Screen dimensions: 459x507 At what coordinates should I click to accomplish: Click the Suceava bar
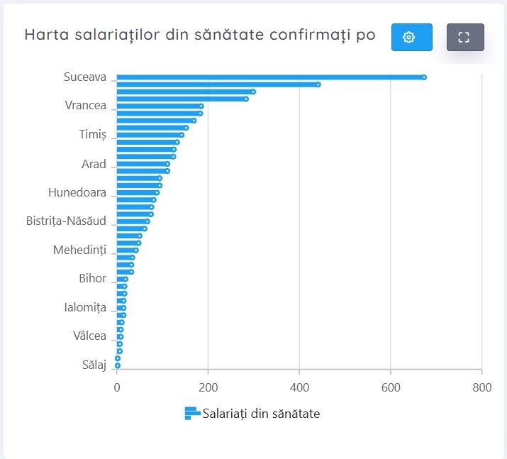[269, 77]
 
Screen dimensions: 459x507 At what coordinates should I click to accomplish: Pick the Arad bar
[142, 164]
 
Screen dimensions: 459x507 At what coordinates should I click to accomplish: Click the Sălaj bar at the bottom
[117, 365]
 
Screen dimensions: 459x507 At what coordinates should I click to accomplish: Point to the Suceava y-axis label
[84, 77]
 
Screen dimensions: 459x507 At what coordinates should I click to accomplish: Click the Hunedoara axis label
[77, 192]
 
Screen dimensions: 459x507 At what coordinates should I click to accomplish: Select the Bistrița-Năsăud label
[66, 221]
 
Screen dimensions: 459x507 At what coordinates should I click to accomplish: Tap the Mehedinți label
[79, 250]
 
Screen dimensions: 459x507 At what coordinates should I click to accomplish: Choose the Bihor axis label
[92, 279]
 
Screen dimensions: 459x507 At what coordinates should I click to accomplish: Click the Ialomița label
[84, 307]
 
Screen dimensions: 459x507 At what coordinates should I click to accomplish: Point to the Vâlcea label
[89, 336]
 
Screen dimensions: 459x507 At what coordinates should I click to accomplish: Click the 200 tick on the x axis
[208, 387]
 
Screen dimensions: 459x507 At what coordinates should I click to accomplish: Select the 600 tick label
[391, 387]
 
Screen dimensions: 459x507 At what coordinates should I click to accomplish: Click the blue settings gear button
[411, 38]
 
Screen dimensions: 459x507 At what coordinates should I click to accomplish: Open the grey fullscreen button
[465, 38]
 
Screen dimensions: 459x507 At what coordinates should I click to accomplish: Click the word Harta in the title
[45, 35]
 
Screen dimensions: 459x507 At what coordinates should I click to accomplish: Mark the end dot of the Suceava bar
[424, 77]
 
